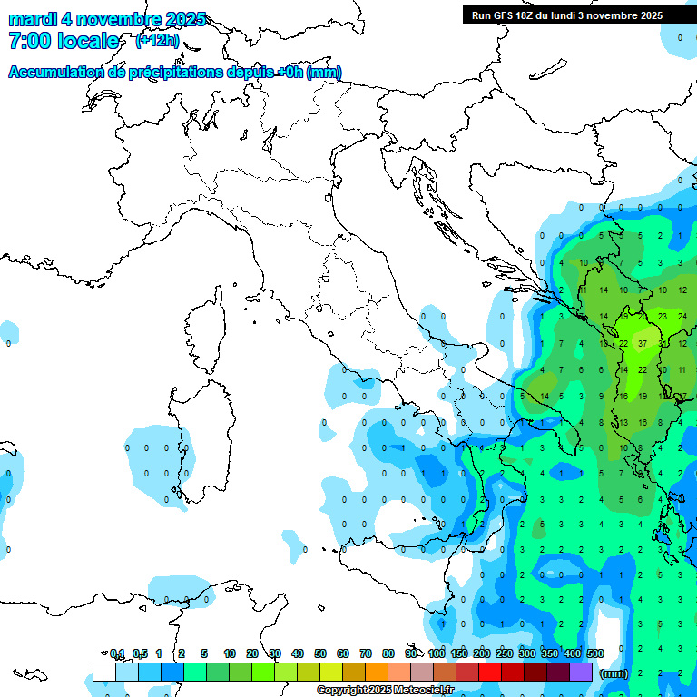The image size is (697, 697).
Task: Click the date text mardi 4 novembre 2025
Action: (107, 19)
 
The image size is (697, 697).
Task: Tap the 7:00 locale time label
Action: (64, 41)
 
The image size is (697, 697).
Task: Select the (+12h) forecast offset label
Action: (157, 41)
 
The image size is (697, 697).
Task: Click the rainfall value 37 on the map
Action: (643, 344)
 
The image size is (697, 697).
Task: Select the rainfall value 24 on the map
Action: (682, 317)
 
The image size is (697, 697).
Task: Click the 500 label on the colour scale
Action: (595, 653)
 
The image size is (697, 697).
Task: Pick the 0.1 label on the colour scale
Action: (116, 653)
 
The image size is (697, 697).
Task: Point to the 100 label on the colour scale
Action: (437, 653)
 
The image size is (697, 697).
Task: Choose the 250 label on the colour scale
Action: (505, 653)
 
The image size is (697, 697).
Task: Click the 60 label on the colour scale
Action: (343, 653)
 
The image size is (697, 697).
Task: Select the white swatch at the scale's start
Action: (104, 672)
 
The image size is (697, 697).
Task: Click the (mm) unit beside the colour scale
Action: (614, 673)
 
